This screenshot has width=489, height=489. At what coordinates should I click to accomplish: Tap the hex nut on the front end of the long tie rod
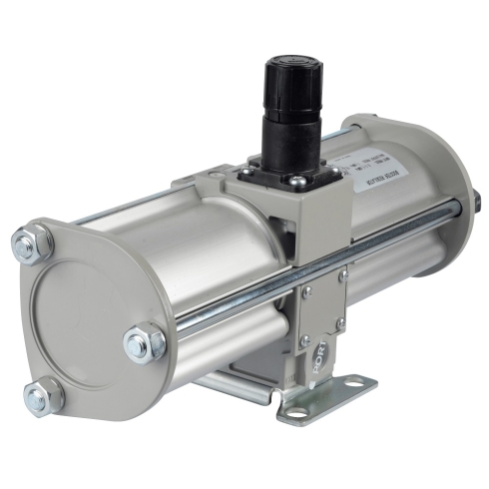click(x=144, y=345)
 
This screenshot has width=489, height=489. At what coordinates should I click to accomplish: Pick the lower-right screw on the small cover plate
click(x=341, y=323)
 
